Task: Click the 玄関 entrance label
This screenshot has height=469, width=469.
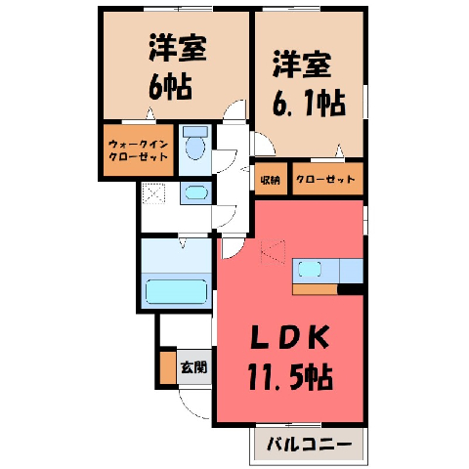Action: click(x=194, y=367)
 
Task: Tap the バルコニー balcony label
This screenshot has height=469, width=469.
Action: click(x=310, y=444)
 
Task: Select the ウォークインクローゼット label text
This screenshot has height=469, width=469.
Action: click(x=139, y=150)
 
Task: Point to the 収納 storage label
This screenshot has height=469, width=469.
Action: click(x=271, y=180)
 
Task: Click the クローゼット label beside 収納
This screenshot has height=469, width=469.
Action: click(x=325, y=179)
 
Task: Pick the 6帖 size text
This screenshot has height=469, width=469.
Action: click(x=170, y=88)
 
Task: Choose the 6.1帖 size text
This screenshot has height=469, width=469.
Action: click(x=309, y=104)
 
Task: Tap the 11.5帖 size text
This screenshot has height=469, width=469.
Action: click(x=290, y=377)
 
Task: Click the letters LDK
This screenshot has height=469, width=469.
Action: click(x=289, y=338)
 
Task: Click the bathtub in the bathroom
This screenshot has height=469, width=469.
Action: click(x=176, y=291)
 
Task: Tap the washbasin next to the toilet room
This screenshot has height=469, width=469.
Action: click(x=195, y=192)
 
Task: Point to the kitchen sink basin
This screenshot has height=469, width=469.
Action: click(x=310, y=270)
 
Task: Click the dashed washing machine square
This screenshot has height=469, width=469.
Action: click(x=153, y=193)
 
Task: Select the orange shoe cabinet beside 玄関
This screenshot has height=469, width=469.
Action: click(x=168, y=367)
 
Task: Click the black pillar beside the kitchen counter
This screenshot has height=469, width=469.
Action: click(x=351, y=289)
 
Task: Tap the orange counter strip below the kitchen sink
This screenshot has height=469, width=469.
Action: click(x=315, y=289)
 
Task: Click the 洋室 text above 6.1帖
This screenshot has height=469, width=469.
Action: click(x=302, y=64)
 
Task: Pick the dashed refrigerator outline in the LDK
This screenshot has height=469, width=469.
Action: click(x=273, y=252)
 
